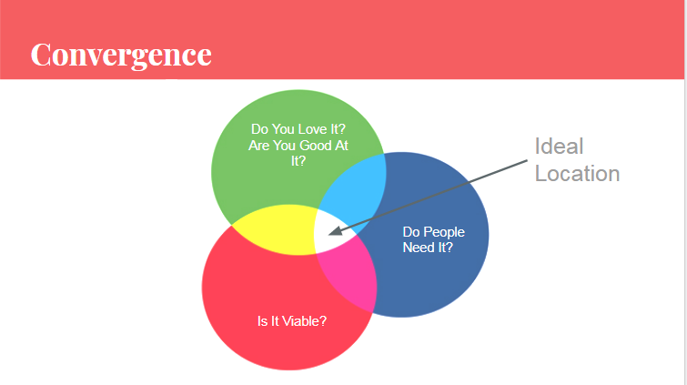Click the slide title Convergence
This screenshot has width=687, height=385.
[121, 56]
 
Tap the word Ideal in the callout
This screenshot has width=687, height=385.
[559, 146]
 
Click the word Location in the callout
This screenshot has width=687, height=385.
[577, 174]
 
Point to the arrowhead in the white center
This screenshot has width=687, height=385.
[336, 230]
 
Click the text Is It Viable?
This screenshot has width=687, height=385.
[292, 321]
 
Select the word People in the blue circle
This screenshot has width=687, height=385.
[444, 232]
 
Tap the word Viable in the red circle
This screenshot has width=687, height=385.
[300, 321]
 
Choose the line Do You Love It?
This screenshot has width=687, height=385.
[298, 129]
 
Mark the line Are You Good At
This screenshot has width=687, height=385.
[298, 145]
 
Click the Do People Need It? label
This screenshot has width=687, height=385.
[434, 240]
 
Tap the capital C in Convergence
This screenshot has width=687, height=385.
[41, 56]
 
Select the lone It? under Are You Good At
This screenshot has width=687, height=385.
[298, 161]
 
